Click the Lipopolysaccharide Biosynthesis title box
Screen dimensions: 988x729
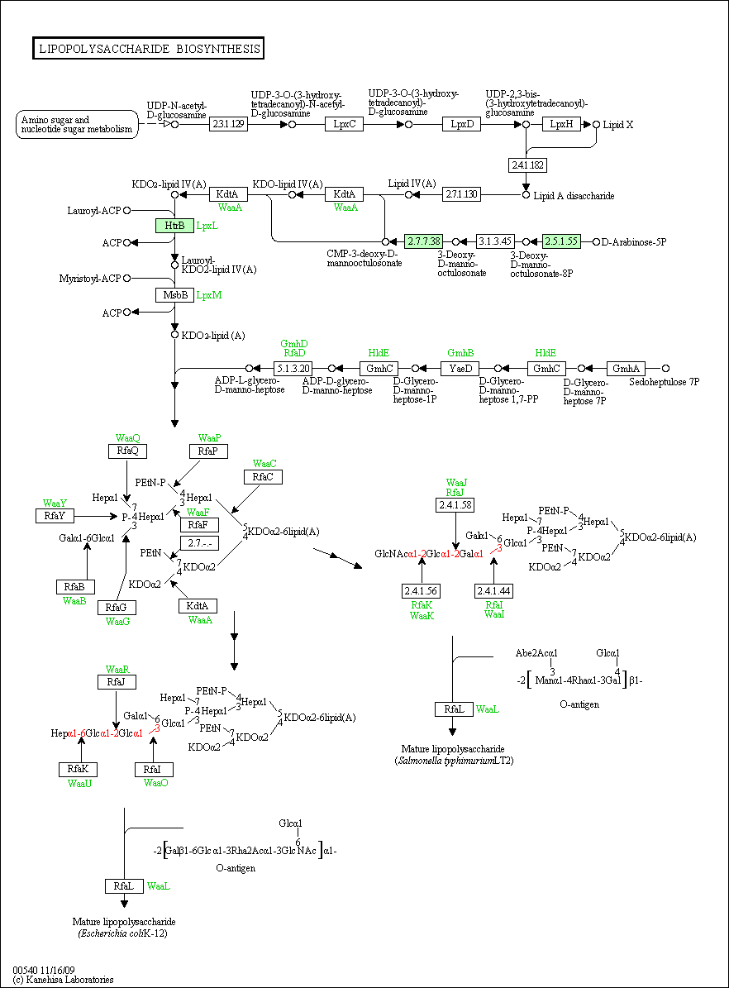149,49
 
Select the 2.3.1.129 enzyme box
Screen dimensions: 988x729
228,124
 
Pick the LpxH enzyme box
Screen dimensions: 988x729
561,124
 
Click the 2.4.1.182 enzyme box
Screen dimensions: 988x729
527,165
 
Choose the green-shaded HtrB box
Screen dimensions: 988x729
174,225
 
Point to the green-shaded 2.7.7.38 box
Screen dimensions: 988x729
424,241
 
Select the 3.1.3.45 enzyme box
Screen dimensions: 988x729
496,241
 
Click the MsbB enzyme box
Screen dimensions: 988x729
174,294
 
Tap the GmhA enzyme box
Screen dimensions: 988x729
626,368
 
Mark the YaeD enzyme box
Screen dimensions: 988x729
459,368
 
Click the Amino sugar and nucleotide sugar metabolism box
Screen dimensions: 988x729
77,124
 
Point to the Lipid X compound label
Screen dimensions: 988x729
618,124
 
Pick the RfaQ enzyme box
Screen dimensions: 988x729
127,451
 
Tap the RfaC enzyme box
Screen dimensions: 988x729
263,477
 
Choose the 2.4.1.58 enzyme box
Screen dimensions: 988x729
456,504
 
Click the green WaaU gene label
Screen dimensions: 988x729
79,783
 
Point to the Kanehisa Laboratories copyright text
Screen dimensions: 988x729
63,980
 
